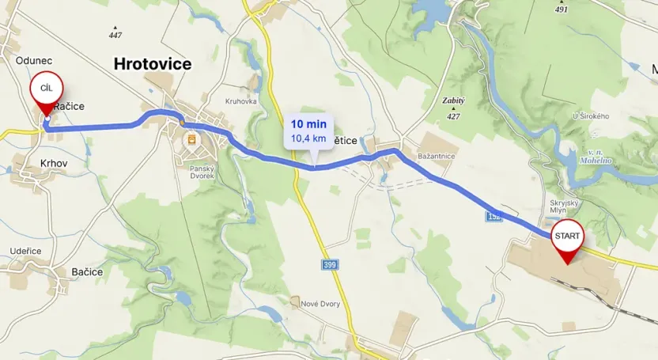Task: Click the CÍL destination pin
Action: (45, 92)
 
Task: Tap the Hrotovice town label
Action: (152, 64)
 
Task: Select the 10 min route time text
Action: (308, 124)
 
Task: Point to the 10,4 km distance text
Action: (308, 138)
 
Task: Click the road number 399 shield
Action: (330, 264)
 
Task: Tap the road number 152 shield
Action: (494, 217)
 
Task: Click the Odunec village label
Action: (33, 60)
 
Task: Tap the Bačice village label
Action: (87, 272)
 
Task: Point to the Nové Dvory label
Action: (321, 303)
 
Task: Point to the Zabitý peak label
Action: (454, 102)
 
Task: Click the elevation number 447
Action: (115, 35)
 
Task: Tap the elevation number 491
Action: (562, 9)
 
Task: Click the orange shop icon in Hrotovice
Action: (191, 141)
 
